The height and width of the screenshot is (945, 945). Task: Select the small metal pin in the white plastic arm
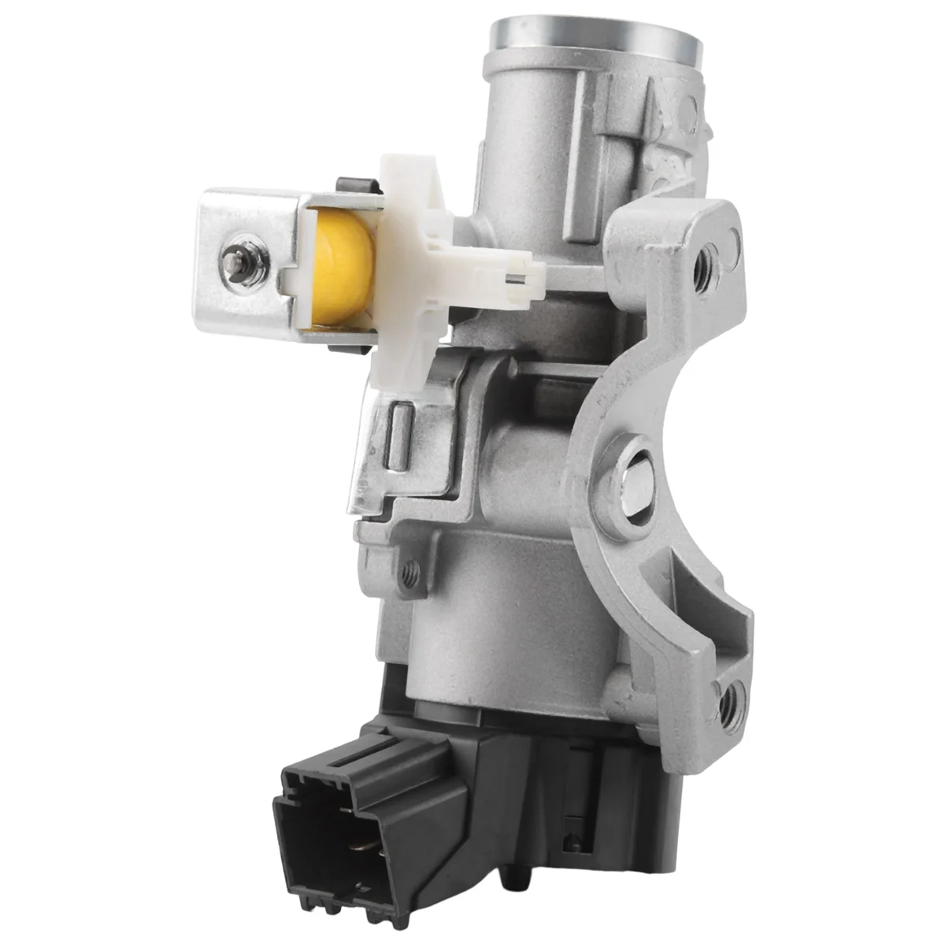511,276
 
